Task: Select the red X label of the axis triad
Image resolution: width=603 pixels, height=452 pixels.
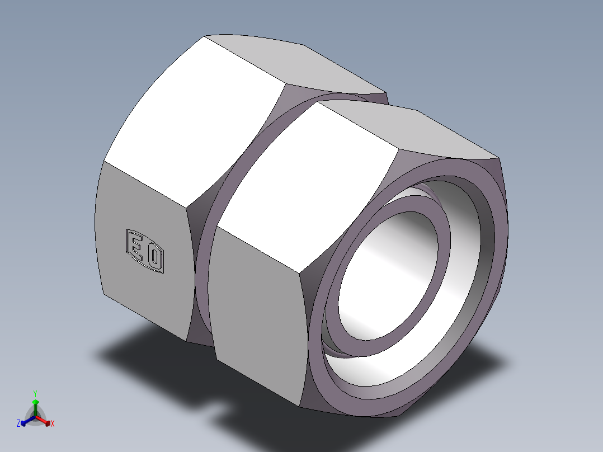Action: pyautogui.click(x=53, y=424)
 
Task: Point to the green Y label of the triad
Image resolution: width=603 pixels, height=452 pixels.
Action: pyautogui.click(x=35, y=393)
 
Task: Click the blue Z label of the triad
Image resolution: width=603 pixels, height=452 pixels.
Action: pyautogui.click(x=18, y=424)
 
